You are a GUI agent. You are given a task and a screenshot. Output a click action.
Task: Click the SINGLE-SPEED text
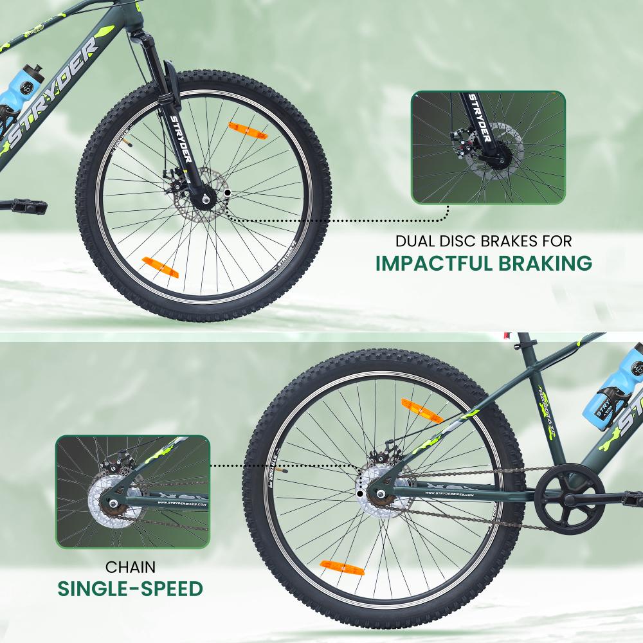click(131, 589)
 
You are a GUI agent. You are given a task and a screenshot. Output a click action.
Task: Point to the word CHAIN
click(131, 567)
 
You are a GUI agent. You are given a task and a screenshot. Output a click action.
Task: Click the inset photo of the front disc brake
click(488, 148)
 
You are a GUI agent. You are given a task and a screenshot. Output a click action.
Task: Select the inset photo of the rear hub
click(132, 491)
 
